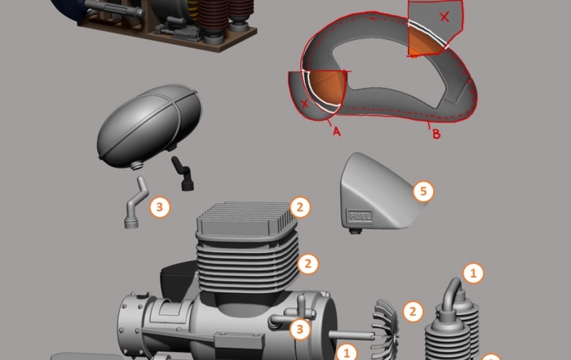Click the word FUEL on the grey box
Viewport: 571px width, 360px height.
(361, 216)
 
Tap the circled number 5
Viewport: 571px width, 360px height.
(423, 191)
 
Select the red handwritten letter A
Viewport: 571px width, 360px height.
(336, 131)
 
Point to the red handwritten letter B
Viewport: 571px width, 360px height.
(436, 134)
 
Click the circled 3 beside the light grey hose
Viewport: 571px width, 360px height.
(160, 207)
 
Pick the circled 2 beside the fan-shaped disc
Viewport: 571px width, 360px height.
(413, 312)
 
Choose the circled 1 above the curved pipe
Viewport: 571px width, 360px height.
(473, 273)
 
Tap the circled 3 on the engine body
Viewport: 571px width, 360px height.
(299, 330)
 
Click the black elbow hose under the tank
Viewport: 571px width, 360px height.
(183, 173)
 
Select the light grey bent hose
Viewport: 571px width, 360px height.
(135, 203)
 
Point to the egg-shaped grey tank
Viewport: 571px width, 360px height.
(149, 126)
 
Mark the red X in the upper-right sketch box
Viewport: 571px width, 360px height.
(445, 16)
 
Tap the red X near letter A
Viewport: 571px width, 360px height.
(304, 104)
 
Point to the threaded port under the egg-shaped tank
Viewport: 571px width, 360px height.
(136, 166)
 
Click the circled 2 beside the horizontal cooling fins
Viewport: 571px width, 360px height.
(308, 264)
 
